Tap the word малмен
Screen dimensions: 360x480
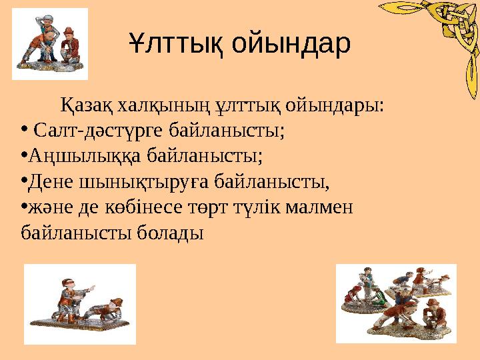coord(325,207)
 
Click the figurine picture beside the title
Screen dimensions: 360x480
coord(50,44)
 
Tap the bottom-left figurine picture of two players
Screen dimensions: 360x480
coord(80,303)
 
